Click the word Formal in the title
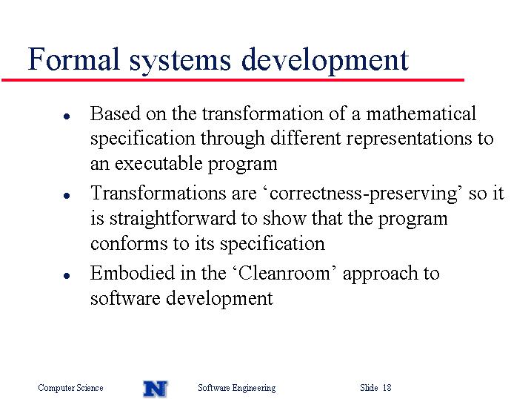pyautogui.click(x=73, y=59)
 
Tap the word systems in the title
pyautogui.click(x=180, y=61)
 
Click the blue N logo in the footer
pyautogui.click(x=156, y=388)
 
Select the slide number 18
pyautogui.click(x=387, y=387)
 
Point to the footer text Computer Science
pyautogui.click(x=70, y=388)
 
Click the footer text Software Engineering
pyautogui.click(x=237, y=388)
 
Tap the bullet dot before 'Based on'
pyautogui.click(x=67, y=116)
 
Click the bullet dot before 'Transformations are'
pyautogui.click(x=67, y=196)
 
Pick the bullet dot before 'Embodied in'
pyautogui.click(x=67, y=276)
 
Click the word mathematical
pyautogui.click(x=421, y=113)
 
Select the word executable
pyautogui.click(x=158, y=163)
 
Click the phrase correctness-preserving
pyautogui.click(x=364, y=194)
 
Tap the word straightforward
pyautogui.click(x=173, y=219)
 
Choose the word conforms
pyautogui.click(x=129, y=243)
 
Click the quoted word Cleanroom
pyautogui.click(x=284, y=273)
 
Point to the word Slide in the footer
pyautogui.click(x=369, y=387)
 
